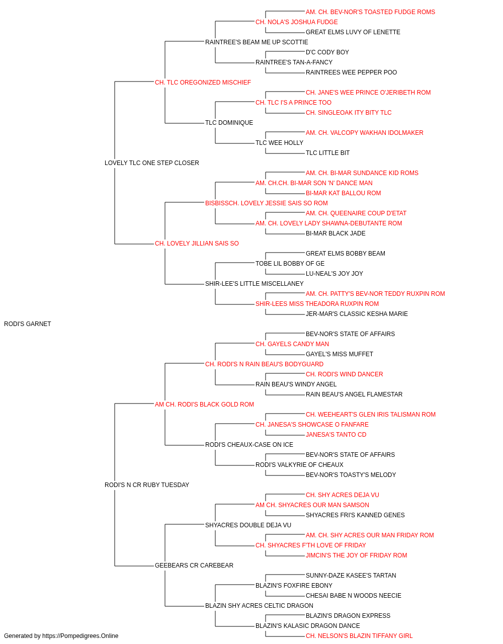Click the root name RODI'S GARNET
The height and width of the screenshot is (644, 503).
tap(27, 324)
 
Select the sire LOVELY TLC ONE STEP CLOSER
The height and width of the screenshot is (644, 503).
tap(152, 163)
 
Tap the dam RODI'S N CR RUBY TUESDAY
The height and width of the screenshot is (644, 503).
tap(147, 485)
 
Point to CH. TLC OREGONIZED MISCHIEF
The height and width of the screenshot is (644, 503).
tap(203, 83)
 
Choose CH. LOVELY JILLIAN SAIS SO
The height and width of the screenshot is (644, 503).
tap(197, 244)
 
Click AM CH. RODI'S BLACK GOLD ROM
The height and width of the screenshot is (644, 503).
tap(204, 405)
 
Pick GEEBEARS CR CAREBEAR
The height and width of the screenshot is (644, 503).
tap(194, 566)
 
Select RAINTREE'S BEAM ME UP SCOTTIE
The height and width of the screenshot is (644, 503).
tap(257, 42)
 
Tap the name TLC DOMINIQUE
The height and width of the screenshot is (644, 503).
tap(229, 123)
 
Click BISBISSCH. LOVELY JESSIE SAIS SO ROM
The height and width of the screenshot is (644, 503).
tap(266, 203)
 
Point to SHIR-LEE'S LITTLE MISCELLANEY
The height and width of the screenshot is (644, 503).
tap(254, 284)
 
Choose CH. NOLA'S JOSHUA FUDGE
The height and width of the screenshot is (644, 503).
tap(297, 22)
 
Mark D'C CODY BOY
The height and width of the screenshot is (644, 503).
tap(327, 52)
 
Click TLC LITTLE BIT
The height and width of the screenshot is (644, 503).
tap(327, 153)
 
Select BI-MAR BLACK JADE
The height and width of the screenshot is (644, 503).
tap(336, 233)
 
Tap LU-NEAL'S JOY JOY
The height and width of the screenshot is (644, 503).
tap(334, 274)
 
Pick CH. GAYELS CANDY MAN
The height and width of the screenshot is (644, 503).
tap(292, 344)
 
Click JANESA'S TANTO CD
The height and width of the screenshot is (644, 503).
tap(336, 435)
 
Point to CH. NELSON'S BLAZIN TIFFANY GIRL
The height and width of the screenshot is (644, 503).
tap(359, 636)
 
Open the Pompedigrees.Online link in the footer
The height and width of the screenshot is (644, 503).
tap(80, 636)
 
